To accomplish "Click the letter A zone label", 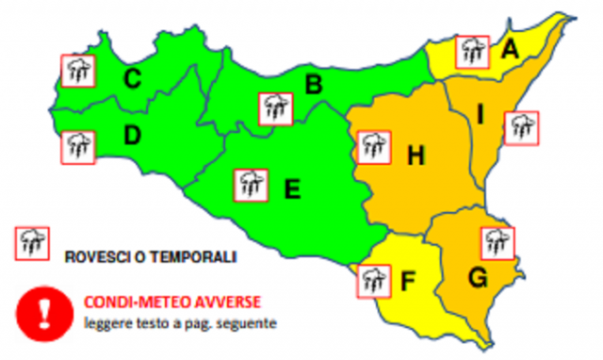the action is point(510,49).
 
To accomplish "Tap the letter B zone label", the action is point(313,86).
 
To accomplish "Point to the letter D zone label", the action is point(132,137).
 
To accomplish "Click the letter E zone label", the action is point(292,190).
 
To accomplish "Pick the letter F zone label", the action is point(407,280).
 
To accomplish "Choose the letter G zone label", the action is point(478,279).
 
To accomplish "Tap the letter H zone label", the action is point(415,155).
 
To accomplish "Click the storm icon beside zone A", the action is point(472,51).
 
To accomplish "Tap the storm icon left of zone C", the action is point(77,70).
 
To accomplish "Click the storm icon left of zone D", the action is point(77,146).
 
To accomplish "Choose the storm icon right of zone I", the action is point(520,127).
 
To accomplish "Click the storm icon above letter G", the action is point(497,242).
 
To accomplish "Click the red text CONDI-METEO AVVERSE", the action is point(172,303).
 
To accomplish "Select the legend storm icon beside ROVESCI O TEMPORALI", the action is point(32,244).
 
